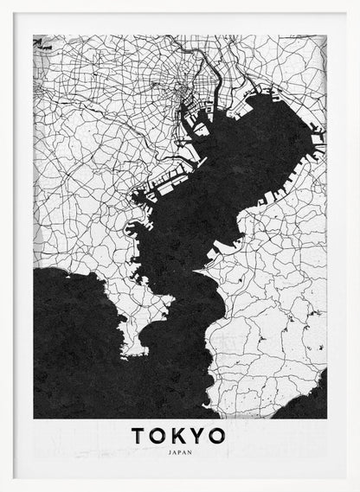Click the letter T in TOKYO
coord(139,436)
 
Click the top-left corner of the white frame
coord(3,3)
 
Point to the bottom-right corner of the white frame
coord(357,489)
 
